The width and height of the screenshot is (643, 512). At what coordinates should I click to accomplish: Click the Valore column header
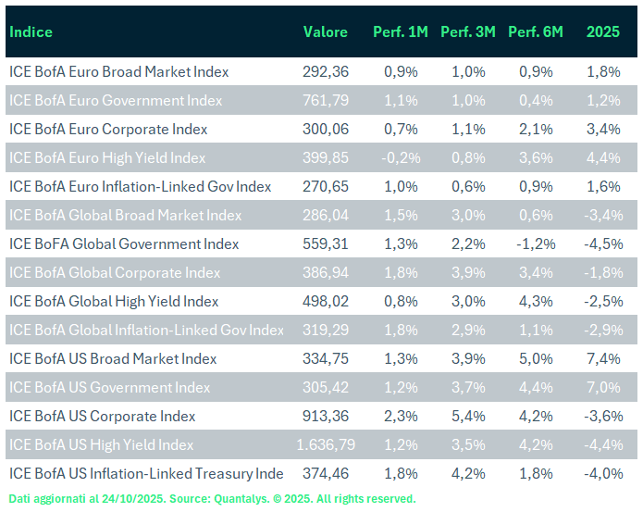coord(325,32)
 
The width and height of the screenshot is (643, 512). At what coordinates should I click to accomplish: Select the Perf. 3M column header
coord(467,32)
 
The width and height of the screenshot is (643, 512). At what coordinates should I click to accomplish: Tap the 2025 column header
coord(602,32)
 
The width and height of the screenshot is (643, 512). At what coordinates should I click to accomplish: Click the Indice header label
coord(31,32)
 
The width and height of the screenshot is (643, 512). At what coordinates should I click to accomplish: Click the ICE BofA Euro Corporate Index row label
coord(108,130)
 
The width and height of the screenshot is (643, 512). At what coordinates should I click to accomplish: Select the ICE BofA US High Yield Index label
coord(102,445)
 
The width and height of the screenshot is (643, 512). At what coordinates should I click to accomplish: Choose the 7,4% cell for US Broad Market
coord(603,359)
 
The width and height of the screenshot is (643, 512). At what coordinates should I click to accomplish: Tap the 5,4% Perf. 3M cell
coord(467,417)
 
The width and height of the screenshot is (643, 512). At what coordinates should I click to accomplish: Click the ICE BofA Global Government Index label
coord(124,244)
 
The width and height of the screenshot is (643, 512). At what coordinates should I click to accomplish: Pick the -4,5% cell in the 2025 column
coord(603,244)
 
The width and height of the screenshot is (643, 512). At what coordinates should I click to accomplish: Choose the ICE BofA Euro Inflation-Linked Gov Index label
coord(140,187)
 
